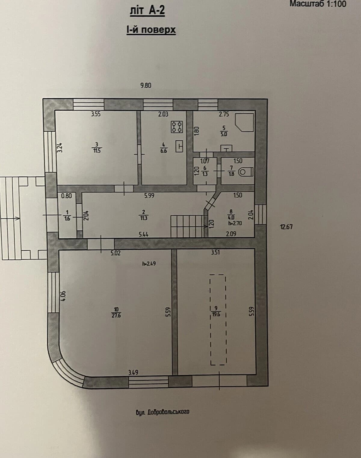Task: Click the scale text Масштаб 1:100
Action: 318,4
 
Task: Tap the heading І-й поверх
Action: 151,30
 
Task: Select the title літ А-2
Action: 147,11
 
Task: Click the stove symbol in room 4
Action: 177,127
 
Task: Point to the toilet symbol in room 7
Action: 246,171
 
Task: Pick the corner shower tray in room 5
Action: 245,122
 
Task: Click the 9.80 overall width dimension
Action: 146,86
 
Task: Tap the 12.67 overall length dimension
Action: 286,227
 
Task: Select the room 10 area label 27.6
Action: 116,315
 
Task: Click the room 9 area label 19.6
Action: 216,314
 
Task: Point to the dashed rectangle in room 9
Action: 218,320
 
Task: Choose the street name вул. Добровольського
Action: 162,412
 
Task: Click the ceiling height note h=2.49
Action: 149,264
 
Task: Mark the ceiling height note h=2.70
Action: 235,223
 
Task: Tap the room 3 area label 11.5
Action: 97,150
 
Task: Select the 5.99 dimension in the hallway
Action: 149,195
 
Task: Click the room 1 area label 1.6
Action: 67,218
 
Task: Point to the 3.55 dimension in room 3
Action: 96,114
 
